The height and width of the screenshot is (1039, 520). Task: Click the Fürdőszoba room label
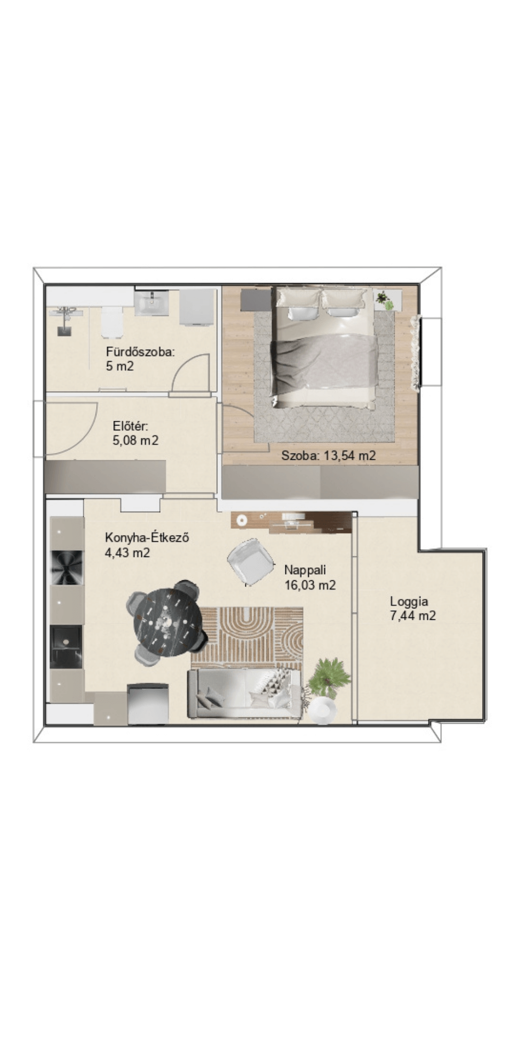pos(140,352)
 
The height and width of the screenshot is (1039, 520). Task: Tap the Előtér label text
pos(131,427)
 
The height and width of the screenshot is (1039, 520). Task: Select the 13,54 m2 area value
pos(349,456)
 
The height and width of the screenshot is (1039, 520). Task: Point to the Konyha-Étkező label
pos(147,537)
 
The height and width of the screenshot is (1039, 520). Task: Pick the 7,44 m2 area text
pos(413,616)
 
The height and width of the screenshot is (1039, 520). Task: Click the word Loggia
pos(409,602)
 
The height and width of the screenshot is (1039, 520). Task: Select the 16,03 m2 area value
pos(310,585)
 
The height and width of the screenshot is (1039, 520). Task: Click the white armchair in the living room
pos(251,562)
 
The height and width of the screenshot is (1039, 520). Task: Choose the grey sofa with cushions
pos(244,693)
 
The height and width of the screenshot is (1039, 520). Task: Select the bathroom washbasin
pos(151,303)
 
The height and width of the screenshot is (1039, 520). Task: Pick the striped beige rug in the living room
pos(246,638)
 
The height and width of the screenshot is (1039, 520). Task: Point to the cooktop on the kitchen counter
pos(66,567)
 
